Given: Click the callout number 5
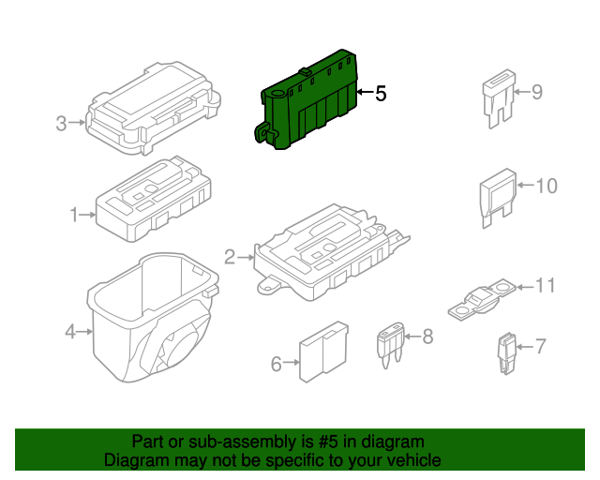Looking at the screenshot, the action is click(x=381, y=94).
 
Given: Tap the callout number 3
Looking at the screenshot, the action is click(x=61, y=124).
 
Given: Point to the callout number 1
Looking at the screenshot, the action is click(x=74, y=215).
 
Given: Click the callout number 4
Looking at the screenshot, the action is click(x=70, y=332).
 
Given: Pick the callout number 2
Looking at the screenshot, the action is click(x=230, y=257).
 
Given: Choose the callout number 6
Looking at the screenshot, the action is click(x=277, y=364).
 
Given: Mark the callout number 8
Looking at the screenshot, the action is click(x=427, y=337).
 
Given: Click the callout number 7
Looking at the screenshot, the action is click(x=540, y=347).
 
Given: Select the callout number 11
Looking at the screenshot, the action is click(x=545, y=286).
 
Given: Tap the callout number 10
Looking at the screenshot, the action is click(x=547, y=186).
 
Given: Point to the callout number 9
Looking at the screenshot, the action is click(x=537, y=92).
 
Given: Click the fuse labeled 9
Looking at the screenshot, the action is click(x=499, y=98).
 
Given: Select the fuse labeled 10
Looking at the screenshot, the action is click(x=498, y=198).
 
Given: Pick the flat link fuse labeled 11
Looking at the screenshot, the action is click(x=482, y=300).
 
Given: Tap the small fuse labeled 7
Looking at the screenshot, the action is click(x=506, y=352).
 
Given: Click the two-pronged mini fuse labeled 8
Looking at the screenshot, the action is click(x=390, y=344).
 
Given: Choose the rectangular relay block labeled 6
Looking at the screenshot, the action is click(x=323, y=352).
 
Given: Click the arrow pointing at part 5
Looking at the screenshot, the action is click(x=365, y=92).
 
